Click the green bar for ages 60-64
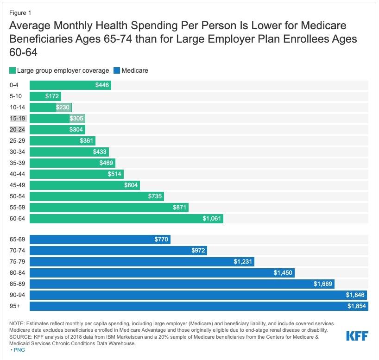click(126, 218)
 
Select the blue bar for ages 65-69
click(100, 240)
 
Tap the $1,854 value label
click(357, 306)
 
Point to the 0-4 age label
click(15, 85)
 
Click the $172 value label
click(52, 96)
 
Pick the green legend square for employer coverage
click(12, 71)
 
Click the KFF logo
click(357, 335)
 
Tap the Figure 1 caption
click(20, 13)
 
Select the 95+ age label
click(15, 306)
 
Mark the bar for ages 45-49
click(85, 185)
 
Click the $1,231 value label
click(243, 262)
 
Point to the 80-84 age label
click(17, 273)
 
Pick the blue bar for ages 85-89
click(182, 284)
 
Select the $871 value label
click(179, 207)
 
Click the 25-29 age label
click(17, 140)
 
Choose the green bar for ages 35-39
click(72, 163)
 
